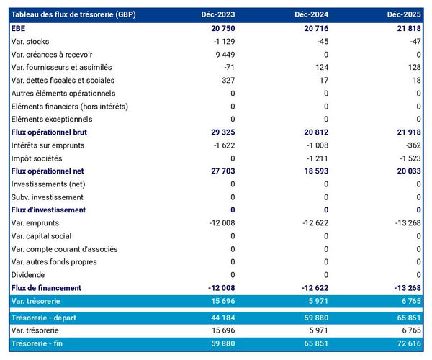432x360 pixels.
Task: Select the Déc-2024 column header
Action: coord(313,14)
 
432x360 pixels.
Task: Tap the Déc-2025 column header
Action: coord(405,14)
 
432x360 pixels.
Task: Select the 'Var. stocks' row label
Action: coord(30,41)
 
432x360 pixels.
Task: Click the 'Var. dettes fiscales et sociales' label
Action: coord(63,80)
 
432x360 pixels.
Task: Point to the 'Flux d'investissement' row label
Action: coord(48,210)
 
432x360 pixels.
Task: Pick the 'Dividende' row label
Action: coord(28,274)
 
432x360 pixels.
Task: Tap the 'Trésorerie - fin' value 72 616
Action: coord(407,343)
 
